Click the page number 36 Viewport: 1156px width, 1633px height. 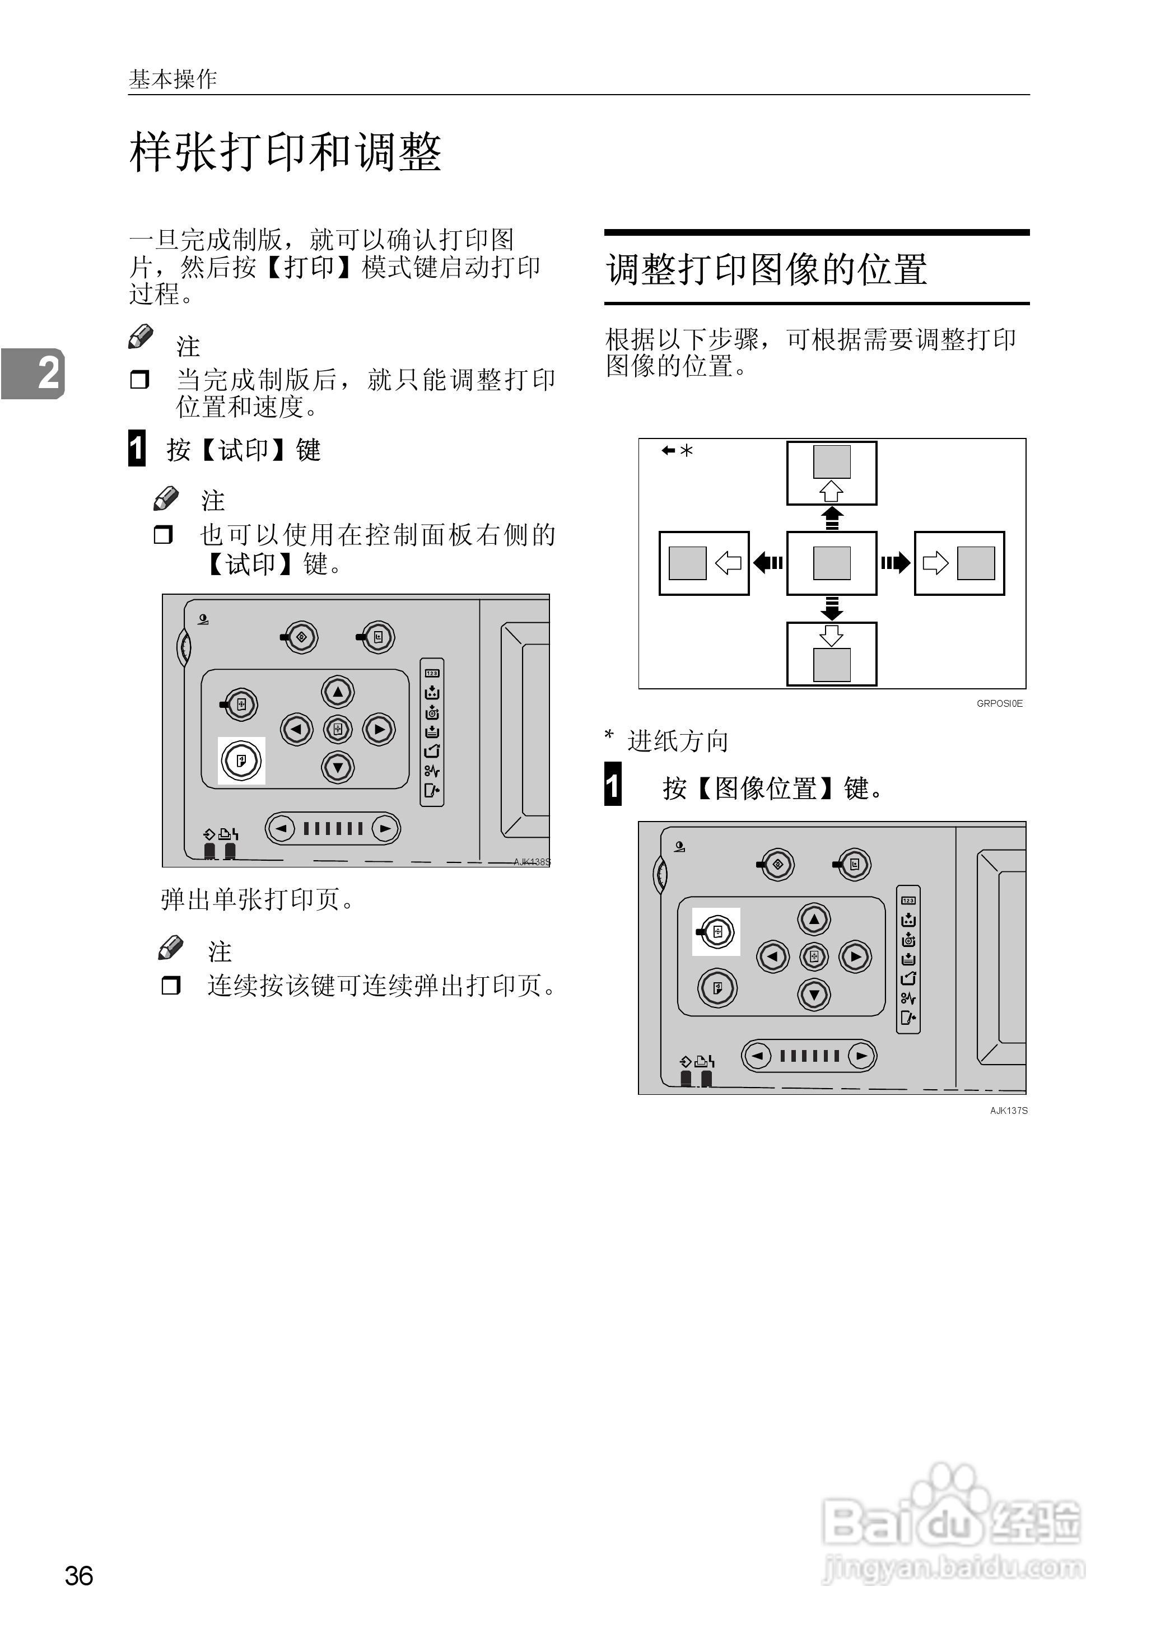point(78,1575)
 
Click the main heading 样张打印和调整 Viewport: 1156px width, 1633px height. point(285,152)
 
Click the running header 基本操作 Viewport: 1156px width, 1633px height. point(173,79)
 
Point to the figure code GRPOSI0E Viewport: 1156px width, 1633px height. point(999,703)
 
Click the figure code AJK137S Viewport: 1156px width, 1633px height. point(1008,1110)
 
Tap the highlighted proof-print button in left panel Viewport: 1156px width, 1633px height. point(241,760)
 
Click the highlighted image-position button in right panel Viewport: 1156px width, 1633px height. point(717,931)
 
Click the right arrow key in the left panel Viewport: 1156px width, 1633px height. point(379,729)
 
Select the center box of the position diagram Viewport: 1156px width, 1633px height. point(831,563)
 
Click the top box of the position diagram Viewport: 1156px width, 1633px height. point(831,473)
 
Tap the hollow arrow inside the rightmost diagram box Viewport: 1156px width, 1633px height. point(935,563)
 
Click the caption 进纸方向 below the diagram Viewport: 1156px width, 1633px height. point(678,741)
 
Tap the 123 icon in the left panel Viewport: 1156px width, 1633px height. point(432,673)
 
